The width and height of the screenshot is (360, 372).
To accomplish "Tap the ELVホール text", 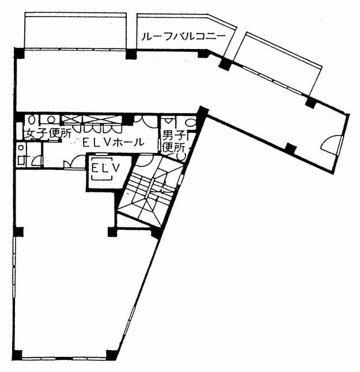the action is pos(113,142).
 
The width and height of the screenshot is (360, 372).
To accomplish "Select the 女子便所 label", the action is pos(48,134).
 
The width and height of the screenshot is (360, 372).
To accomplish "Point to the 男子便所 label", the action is pos(174,142).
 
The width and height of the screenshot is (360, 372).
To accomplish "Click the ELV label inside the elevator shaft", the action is pos(106,168).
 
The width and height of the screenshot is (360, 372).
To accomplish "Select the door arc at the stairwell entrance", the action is pos(145,160).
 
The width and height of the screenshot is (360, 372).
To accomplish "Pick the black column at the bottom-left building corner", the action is pos(17,355).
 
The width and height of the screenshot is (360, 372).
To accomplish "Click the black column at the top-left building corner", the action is pos(19,53).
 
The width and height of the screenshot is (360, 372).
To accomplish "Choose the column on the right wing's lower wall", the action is pos(290,149).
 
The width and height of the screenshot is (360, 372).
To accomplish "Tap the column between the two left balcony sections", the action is pos(131,54).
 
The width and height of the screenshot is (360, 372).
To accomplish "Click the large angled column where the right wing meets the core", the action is pos(203,112).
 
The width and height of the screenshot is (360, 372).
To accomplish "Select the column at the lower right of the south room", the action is pos(111,355).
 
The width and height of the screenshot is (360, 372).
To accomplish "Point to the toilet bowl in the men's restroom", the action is pos(191,122).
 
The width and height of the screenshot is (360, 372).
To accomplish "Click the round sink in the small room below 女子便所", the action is pos(21,148).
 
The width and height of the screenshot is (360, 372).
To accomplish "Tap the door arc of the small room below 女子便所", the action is pos(37,161).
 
